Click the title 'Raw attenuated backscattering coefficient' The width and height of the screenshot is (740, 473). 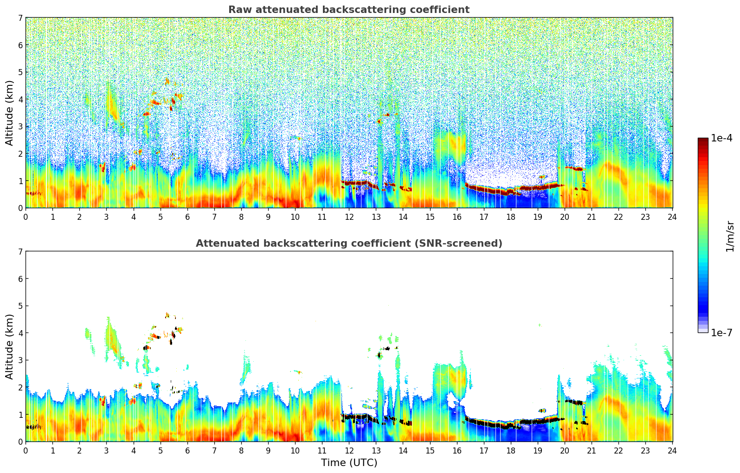point(348,10)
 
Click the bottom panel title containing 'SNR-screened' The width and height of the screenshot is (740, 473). point(348,243)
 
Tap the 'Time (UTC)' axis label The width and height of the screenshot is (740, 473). point(349,462)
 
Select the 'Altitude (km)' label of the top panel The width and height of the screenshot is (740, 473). point(10,113)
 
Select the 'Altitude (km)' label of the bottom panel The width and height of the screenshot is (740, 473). point(10,346)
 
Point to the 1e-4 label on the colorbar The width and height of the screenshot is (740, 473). point(721,138)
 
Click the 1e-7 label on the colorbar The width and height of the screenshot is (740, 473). point(721,332)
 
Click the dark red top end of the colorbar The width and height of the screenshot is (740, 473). point(703,141)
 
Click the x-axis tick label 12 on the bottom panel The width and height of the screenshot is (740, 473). point(349,450)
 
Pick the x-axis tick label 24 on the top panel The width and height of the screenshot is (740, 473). point(672,217)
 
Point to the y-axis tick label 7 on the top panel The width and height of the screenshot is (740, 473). point(20,18)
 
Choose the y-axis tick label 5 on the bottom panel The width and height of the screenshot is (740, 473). point(20,306)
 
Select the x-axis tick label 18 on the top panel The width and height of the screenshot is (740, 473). point(510,217)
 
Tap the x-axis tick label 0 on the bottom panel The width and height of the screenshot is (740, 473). point(26,450)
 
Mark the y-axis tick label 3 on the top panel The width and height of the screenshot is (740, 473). point(20,127)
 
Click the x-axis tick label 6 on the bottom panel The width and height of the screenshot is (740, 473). point(187,450)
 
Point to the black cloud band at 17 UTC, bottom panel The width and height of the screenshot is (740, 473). point(484,423)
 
